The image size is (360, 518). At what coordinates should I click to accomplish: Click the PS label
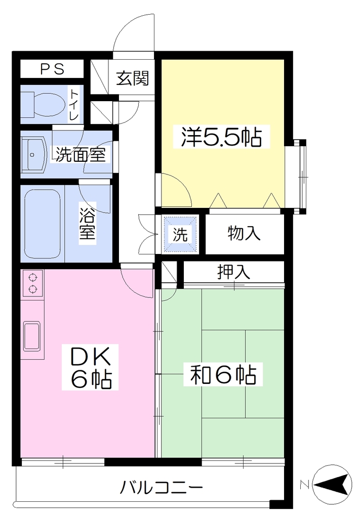(x=52, y=69)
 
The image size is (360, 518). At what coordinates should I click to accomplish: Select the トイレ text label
(x=74, y=105)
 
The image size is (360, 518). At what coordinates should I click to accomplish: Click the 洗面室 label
(x=81, y=154)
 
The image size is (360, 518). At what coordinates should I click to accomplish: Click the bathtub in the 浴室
(x=43, y=225)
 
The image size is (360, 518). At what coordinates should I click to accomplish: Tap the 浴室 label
(x=87, y=223)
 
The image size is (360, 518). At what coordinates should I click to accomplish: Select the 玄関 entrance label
(x=133, y=78)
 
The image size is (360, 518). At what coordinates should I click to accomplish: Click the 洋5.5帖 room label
(x=221, y=137)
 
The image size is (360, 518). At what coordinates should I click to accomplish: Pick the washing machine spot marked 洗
(x=180, y=234)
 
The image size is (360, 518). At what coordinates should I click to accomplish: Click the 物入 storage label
(x=244, y=233)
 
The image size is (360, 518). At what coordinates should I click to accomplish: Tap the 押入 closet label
(x=233, y=272)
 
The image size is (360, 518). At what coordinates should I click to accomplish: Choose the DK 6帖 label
(x=90, y=367)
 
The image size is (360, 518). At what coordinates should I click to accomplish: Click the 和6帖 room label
(x=223, y=374)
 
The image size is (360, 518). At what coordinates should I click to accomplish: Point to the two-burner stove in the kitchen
(x=32, y=283)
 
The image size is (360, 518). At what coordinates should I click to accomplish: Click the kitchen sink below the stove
(x=32, y=336)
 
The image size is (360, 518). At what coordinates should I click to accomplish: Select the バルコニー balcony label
(x=161, y=487)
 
